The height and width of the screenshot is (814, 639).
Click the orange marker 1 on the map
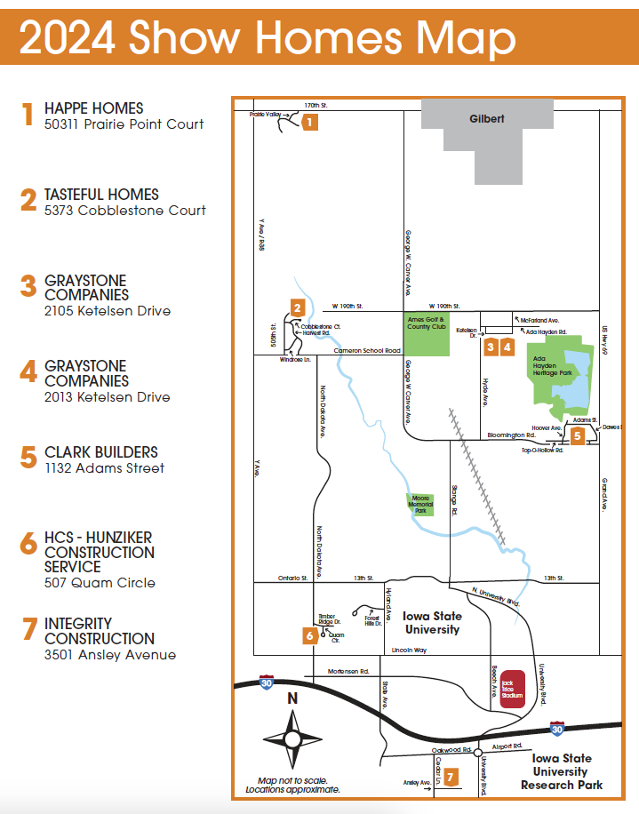(309, 123)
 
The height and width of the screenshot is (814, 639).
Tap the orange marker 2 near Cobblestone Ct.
(297, 308)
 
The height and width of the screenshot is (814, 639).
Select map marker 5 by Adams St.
(578, 435)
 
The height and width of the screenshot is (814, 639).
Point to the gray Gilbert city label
(486, 118)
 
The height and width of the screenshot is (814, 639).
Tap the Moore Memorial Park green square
(420, 506)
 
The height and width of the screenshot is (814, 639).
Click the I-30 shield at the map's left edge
(266, 682)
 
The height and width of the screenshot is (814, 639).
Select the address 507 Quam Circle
(100, 583)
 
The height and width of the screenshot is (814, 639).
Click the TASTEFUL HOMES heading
(101, 195)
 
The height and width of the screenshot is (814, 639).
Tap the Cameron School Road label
(367, 351)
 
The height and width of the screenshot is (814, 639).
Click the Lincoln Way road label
(409, 650)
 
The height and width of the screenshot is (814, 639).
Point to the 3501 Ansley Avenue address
(110, 655)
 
